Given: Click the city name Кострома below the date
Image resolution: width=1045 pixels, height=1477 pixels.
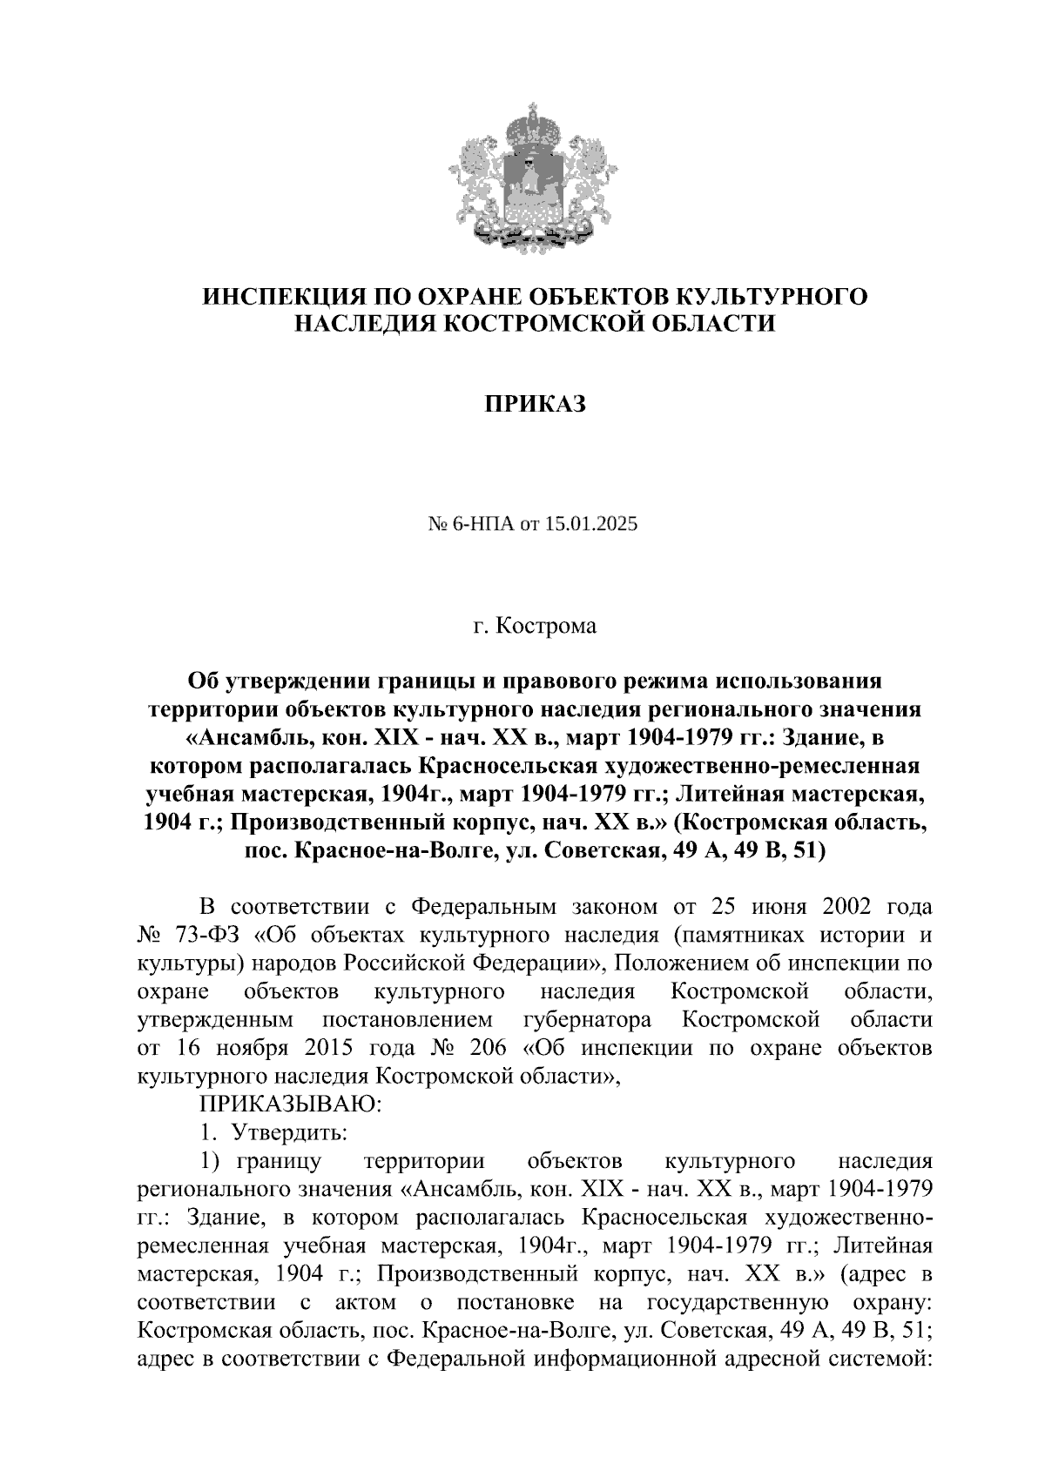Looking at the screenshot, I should (x=547, y=626).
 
